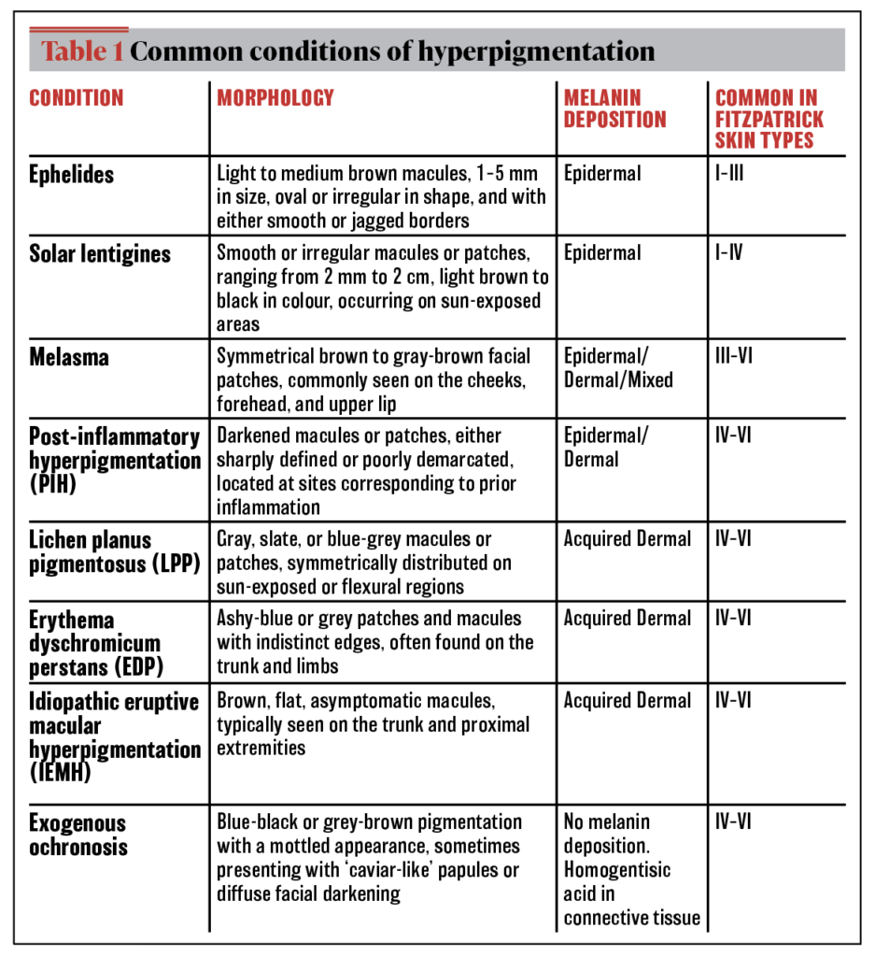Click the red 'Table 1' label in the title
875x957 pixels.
(x=81, y=50)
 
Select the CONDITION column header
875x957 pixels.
(x=77, y=98)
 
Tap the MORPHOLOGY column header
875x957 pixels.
(x=275, y=98)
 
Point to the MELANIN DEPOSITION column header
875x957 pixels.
(x=614, y=108)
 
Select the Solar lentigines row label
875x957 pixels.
(x=100, y=253)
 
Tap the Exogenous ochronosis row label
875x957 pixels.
(x=78, y=836)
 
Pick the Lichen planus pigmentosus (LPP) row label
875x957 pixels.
(x=115, y=551)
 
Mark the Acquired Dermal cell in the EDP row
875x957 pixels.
(x=628, y=619)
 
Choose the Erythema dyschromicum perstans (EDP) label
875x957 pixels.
(x=94, y=643)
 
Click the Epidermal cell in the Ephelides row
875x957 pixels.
(x=602, y=173)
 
